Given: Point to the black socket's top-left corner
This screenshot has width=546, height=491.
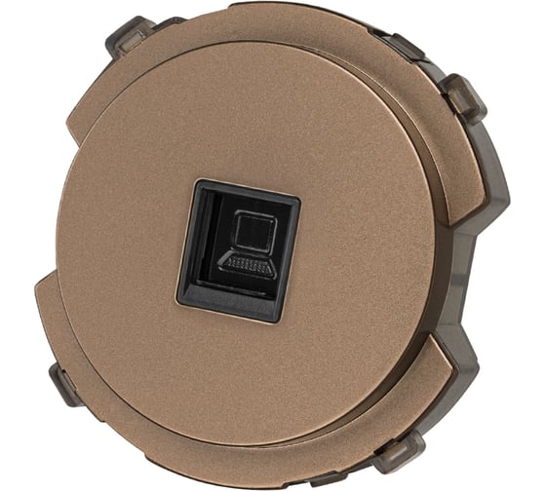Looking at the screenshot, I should coord(195,182).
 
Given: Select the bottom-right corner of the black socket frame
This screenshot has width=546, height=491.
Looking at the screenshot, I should coord(284,319).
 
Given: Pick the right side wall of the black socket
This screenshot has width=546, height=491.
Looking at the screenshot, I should coord(292,253).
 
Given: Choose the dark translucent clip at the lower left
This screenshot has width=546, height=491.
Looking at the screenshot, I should coord(66,385).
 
